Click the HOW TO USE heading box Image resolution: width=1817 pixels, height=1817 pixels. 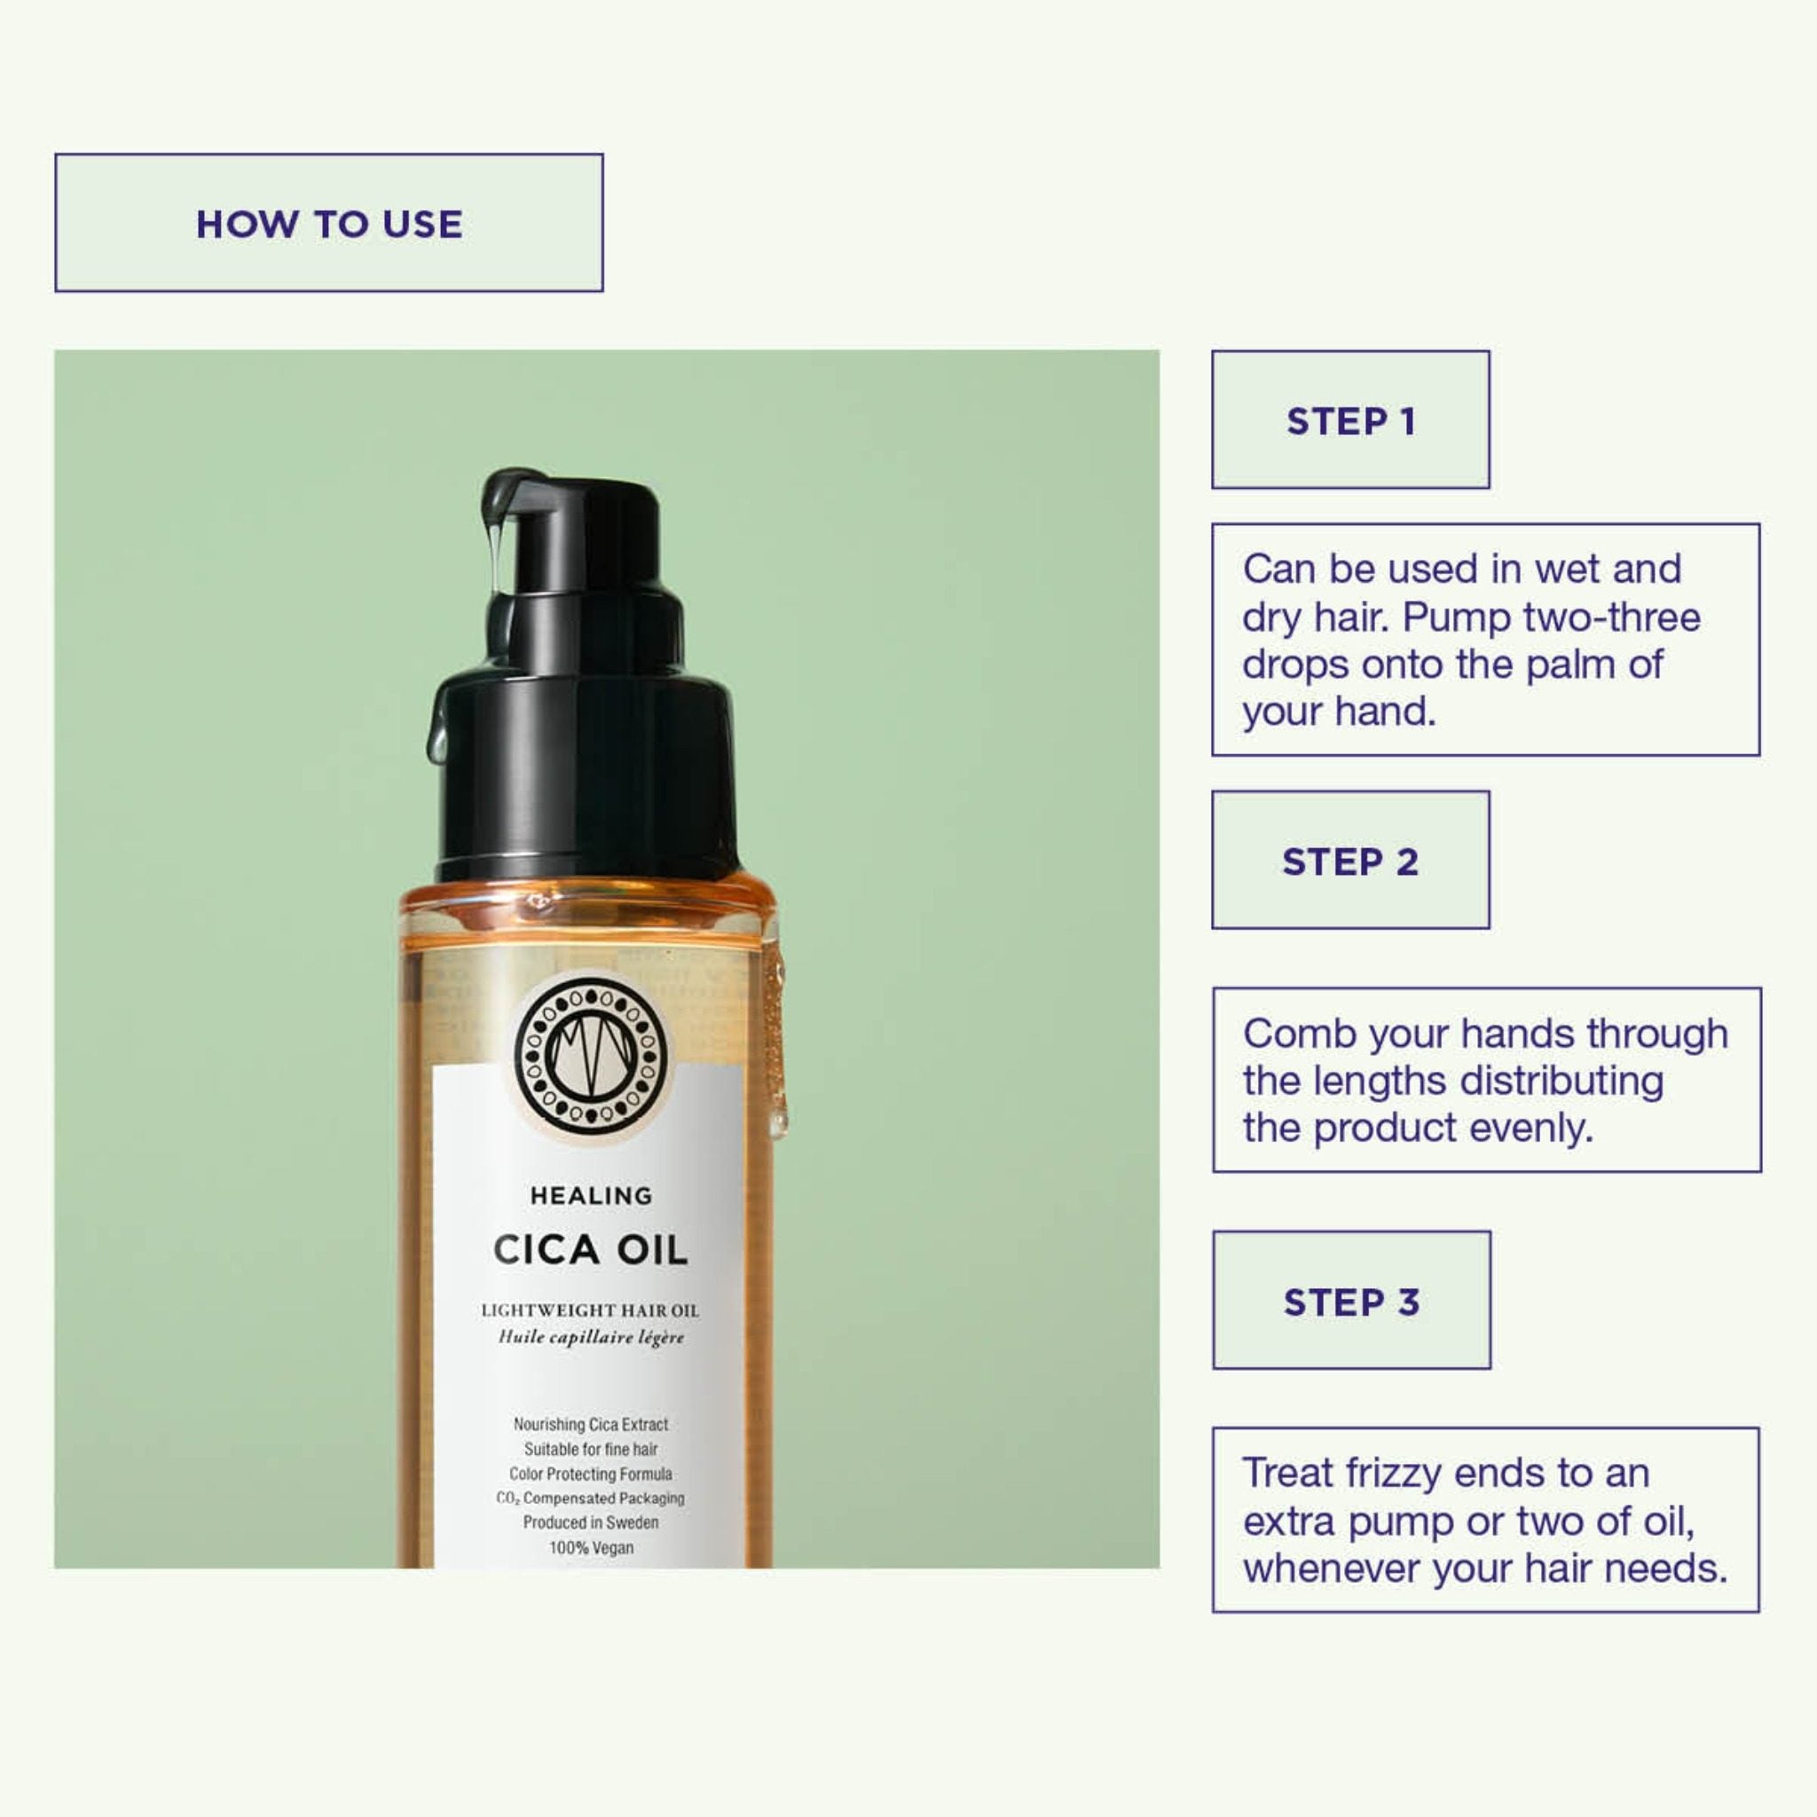[x=328, y=223]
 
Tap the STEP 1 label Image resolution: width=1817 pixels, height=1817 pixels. [x=1350, y=421]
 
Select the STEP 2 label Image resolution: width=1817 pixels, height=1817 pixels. [x=1350, y=861]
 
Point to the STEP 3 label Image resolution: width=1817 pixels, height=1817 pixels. [x=1351, y=1301]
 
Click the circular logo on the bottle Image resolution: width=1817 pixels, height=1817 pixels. [x=591, y=1054]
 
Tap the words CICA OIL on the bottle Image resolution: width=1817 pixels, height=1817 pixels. [x=591, y=1250]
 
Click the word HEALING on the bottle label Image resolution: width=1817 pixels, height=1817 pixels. [x=591, y=1195]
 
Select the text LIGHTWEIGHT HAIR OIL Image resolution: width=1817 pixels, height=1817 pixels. [x=591, y=1310]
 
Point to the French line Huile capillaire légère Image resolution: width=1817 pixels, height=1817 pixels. [x=591, y=1337]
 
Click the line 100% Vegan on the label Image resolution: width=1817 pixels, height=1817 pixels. [x=591, y=1547]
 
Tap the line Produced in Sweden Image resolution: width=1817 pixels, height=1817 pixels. [x=591, y=1522]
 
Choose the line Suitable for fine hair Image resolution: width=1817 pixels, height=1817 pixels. [x=591, y=1450]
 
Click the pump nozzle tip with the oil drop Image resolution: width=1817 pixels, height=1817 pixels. [x=496, y=527]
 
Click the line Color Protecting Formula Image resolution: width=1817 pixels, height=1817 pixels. [x=591, y=1474]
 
